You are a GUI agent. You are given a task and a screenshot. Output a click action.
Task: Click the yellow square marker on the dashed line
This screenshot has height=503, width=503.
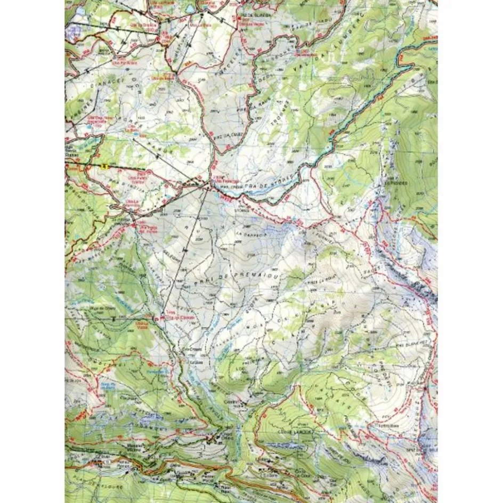(104, 167)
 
